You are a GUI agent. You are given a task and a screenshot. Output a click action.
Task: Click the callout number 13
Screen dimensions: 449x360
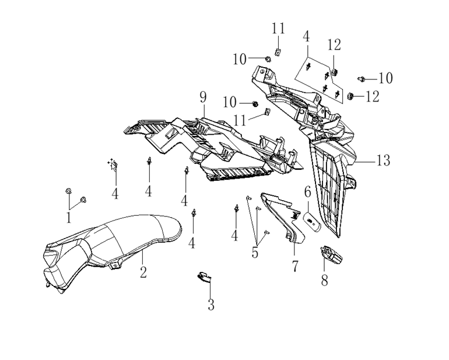(383, 160)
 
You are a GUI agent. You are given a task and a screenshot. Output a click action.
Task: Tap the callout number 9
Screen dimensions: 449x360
(203, 97)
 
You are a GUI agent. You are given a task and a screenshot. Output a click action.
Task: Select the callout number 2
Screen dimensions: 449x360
(143, 272)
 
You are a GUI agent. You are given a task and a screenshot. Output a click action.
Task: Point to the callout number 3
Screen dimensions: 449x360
(211, 305)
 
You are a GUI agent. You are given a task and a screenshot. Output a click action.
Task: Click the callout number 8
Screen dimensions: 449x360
(324, 280)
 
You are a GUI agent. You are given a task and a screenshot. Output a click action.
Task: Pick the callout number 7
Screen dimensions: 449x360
(295, 266)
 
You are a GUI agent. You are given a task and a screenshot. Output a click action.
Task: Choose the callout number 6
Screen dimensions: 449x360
(307, 192)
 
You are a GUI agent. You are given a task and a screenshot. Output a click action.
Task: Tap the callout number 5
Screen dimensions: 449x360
(255, 253)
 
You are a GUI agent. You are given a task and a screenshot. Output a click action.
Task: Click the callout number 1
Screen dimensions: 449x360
(69, 218)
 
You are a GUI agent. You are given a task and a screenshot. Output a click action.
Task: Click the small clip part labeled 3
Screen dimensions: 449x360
(204, 277)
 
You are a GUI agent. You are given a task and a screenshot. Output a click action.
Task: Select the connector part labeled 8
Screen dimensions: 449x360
(331, 254)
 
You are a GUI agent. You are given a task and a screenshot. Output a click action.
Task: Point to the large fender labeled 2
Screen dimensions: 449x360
(112, 252)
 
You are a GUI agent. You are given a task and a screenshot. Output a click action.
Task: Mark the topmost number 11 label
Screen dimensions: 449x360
(278, 29)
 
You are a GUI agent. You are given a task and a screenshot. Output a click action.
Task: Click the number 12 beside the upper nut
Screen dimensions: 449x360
(334, 45)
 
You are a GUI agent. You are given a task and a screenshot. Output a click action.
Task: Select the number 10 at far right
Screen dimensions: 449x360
(385, 78)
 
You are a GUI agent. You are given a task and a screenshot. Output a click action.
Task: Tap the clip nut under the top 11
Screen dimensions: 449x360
(277, 52)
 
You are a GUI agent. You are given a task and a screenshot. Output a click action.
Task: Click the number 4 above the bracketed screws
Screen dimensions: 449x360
(306, 36)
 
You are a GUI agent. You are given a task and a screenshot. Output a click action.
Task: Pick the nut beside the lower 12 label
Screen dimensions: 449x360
(350, 96)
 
